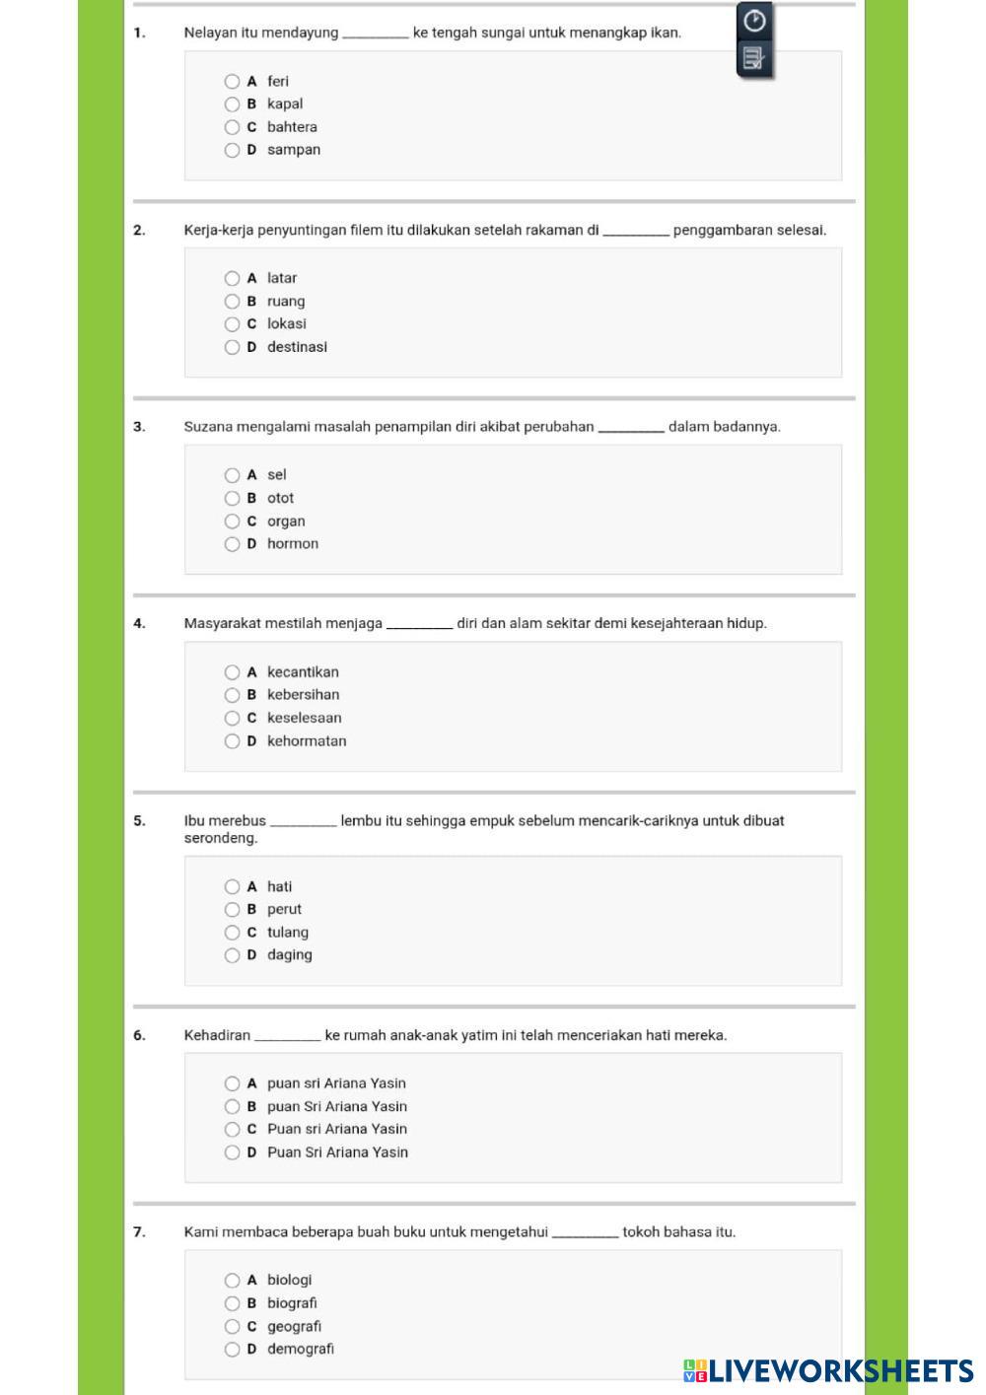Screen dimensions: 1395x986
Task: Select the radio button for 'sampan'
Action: [232, 150]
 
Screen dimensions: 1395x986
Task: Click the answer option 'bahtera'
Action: [292, 127]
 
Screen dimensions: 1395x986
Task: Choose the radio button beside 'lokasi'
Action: [232, 324]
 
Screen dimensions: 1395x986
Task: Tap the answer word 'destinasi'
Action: [297, 347]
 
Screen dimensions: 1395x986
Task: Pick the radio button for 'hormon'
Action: [232, 544]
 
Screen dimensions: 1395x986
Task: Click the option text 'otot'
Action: [280, 498]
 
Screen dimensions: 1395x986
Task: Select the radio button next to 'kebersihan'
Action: [232, 695]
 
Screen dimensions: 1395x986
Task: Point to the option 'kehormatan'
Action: [307, 741]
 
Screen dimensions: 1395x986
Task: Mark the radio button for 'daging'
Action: [232, 955]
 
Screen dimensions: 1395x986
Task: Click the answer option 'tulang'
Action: [288, 933]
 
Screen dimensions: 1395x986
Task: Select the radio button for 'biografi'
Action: [232, 1303]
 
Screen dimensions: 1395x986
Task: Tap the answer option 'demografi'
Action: [301, 1349]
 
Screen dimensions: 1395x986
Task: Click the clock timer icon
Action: [754, 20]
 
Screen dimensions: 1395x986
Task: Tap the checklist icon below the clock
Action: [753, 60]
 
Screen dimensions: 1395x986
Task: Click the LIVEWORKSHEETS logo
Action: [828, 1370]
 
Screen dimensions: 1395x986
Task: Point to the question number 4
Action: [139, 623]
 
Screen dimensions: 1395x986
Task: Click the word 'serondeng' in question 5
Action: [221, 838]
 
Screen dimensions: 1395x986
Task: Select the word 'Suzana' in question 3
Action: [206, 427]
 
